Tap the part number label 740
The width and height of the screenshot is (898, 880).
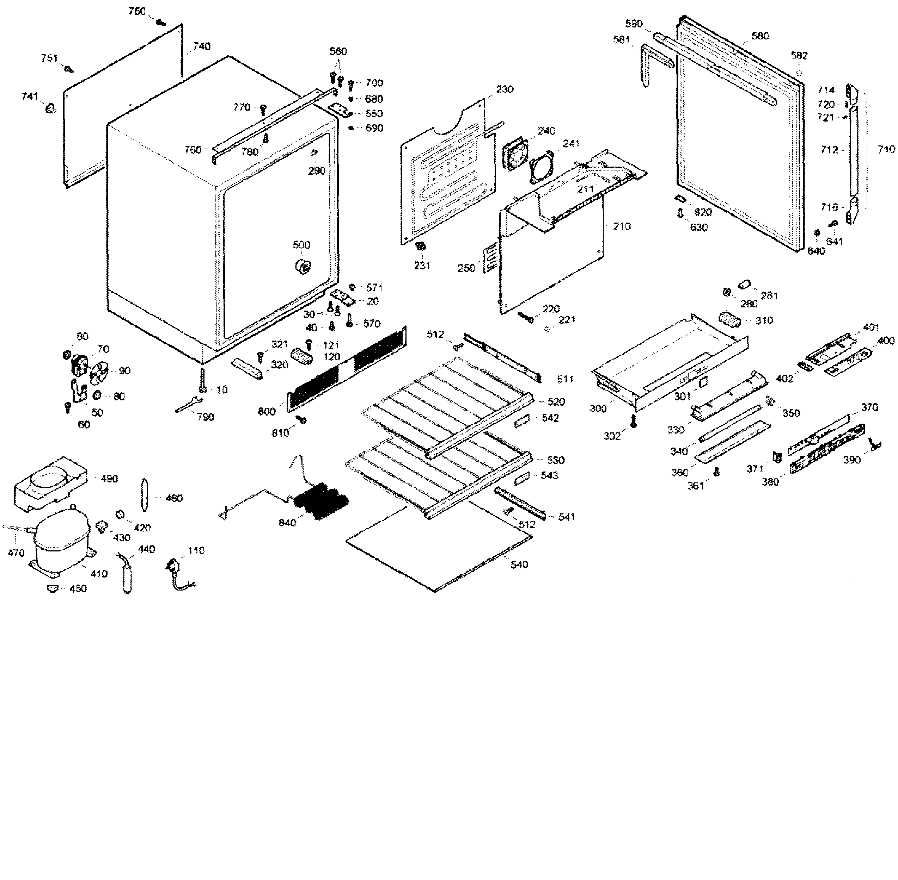(x=202, y=46)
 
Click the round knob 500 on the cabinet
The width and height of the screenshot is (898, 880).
(x=303, y=266)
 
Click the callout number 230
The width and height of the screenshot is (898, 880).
(x=504, y=89)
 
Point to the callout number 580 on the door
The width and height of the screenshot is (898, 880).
(x=760, y=36)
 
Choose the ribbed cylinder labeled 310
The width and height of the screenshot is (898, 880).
(x=729, y=319)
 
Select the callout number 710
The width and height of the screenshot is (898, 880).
(x=886, y=149)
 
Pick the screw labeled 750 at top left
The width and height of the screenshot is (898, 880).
(x=161, y=22)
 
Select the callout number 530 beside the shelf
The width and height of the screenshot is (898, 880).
(x=555, y=460)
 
